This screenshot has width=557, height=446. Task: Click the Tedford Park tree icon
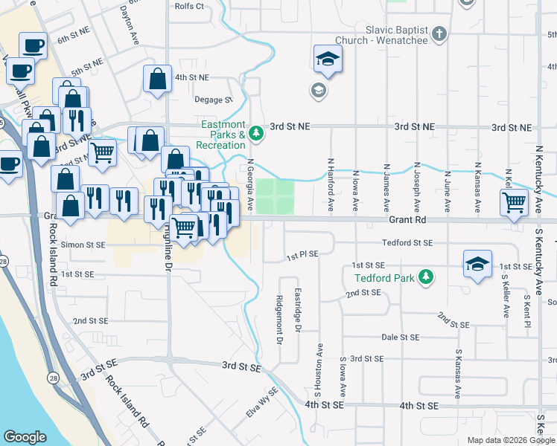coord(426,278)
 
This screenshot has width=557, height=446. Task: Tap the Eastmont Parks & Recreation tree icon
coord(256,134)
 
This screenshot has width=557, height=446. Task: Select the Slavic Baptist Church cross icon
coord(439,33)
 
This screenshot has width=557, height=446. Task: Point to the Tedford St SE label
coord(407,243)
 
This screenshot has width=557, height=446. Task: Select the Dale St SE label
coord(401,337)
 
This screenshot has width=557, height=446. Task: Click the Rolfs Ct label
coord(188,6)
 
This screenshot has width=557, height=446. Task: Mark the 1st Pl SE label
coord(303,254)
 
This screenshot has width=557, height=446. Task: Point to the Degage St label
coord(214,99)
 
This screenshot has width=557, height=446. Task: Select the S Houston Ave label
coord(319,369)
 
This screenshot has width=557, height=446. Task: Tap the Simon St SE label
coord(86,244)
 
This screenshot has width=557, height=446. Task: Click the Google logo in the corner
coord(25,437)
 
